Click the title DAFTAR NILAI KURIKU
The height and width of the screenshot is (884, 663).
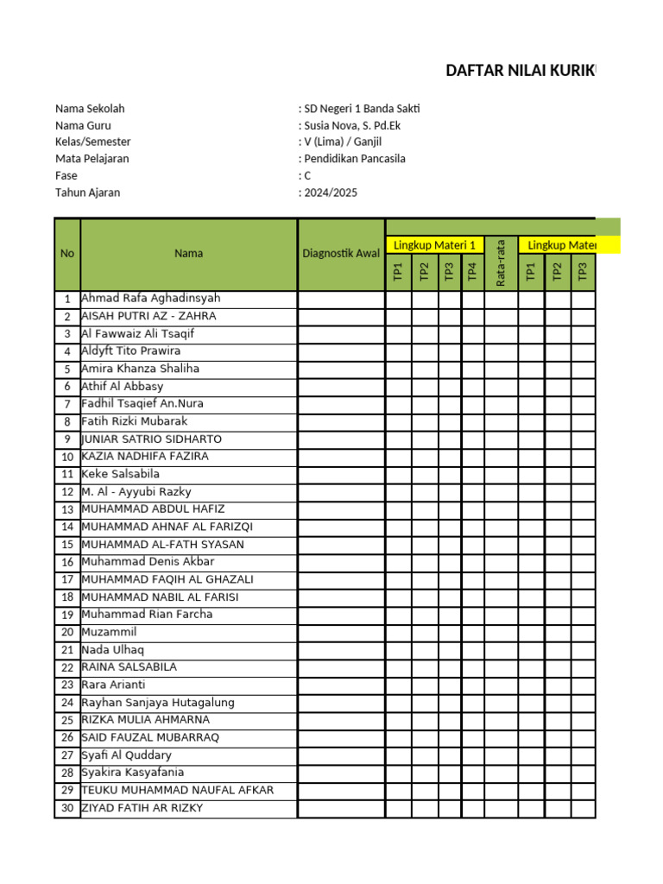coord(520,71)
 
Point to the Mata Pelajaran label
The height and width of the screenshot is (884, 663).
coord(92,159)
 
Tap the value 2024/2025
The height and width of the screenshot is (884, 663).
coord(330,193)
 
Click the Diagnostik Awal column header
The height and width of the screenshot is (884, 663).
coord(341,254)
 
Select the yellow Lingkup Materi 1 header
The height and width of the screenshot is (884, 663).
coord(434,245)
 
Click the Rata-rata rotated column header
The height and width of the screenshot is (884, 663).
coord(501,263)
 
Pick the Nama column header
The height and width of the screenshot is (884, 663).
coord(188,254)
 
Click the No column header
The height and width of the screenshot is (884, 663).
coord(67,254)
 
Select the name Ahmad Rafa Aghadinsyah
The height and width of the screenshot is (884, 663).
coord(150,298)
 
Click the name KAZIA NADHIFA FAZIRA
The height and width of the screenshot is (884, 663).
coord(144,456)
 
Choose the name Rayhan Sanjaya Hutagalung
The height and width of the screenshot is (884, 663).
coord(157,703)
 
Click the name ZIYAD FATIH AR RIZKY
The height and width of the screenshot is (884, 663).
coord(142,808)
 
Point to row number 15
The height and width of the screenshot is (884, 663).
coord(67,545)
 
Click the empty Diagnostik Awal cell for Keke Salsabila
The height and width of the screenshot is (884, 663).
coord(341,474)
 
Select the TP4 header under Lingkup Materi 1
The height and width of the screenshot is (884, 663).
coord(472,271)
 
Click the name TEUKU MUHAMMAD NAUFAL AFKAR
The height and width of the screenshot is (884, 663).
coord(177,790)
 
